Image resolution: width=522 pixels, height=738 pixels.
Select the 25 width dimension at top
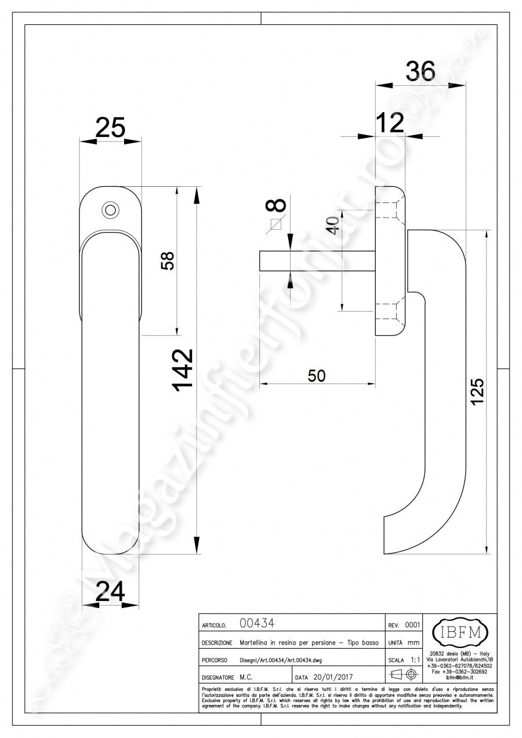(110, 127)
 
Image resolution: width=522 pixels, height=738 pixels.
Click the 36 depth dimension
(420, 71)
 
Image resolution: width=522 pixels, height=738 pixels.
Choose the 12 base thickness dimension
(389, 122)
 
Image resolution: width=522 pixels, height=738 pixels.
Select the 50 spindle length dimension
(316, 376)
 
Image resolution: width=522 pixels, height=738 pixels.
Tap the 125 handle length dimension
(476, 393)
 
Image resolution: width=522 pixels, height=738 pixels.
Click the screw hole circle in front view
(108, 209)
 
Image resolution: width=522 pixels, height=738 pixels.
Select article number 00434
(256, 624)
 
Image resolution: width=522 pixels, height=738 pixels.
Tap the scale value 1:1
(415, 660)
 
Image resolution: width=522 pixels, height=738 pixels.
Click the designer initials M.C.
(246, 676)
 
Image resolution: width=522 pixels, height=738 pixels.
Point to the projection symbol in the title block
(404, 675)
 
